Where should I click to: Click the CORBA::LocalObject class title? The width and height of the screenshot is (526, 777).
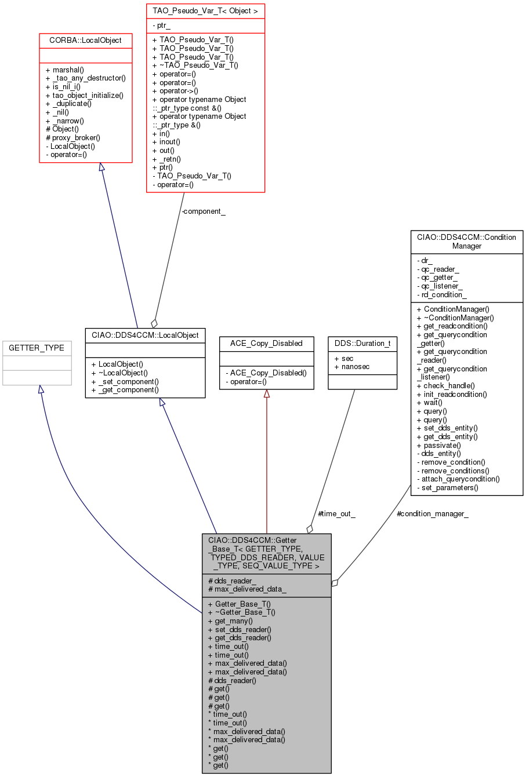pos(85,41)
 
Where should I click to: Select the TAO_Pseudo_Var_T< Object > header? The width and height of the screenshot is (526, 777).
pos(205,11)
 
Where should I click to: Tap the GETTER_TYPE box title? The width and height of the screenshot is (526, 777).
pos(37,348)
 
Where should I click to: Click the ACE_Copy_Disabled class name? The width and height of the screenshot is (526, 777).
pos(266,343)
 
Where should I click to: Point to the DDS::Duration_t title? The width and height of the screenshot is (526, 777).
pos(362,343)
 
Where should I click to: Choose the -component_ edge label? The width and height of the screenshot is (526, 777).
pos(203,211)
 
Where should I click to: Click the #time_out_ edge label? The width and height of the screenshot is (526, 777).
pos(336,514)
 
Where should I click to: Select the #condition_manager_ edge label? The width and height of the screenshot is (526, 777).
pos(432,514)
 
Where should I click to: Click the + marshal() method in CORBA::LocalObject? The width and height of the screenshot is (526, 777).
pos(64,70)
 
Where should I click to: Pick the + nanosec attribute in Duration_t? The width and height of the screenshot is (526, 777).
pos(352,367)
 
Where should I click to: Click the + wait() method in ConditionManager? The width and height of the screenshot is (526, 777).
pos(429,403)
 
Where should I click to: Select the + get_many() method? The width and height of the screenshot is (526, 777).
pos(230,621)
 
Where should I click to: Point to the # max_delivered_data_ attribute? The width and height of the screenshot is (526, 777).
pos(247,589)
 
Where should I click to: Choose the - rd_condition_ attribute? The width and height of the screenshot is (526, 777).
pos(442,294)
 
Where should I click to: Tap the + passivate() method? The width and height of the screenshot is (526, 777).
pos(438,445)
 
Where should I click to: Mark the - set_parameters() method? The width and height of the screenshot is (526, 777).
pos(448,487)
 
